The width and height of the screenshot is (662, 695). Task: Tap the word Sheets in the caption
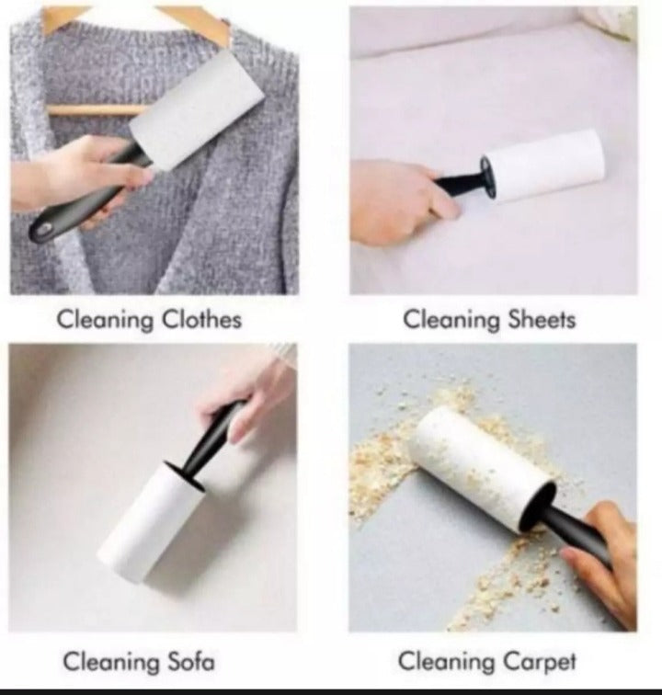tap(542, 320)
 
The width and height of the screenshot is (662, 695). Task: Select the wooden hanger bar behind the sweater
tap(87, 110)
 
